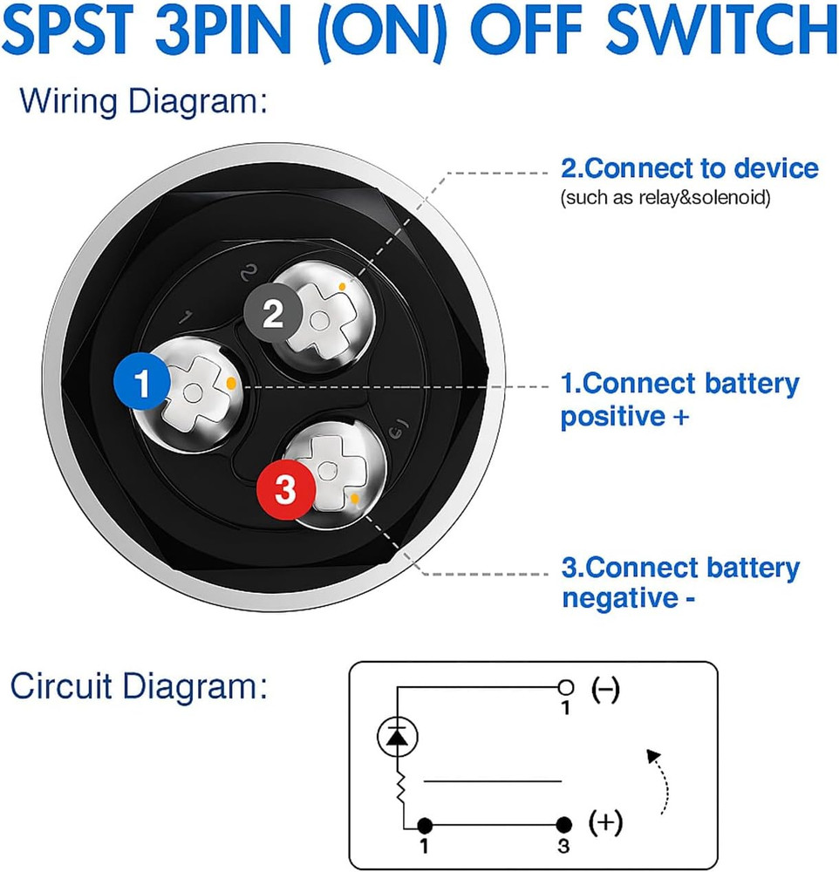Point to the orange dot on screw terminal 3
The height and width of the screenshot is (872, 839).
356,499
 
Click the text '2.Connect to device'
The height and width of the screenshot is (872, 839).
689,167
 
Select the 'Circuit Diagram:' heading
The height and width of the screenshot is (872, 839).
138,688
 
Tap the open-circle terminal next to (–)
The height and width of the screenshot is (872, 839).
564,686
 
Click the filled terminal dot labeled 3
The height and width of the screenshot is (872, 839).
564,824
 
